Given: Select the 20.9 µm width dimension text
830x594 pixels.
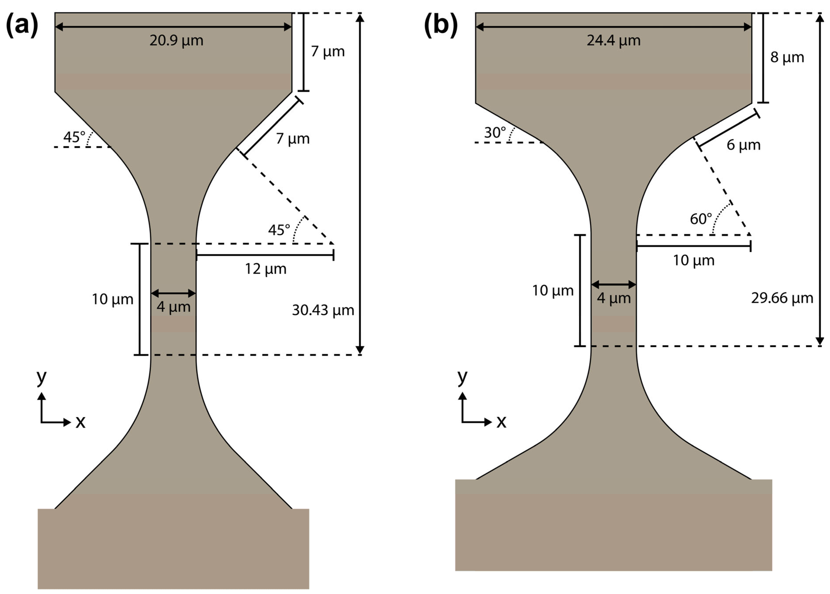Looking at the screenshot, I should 176,40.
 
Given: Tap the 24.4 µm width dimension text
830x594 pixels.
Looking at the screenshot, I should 613,40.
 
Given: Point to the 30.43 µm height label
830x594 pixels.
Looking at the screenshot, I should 323,310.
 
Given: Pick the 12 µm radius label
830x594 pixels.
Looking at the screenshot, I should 265,269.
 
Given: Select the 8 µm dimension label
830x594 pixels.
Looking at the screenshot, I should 787,57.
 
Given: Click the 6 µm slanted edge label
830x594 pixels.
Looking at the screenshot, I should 743,145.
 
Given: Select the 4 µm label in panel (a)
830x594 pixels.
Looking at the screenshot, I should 173,306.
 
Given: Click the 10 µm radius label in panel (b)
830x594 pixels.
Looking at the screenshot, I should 693,261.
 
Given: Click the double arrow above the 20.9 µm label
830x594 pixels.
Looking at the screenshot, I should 173,27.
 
